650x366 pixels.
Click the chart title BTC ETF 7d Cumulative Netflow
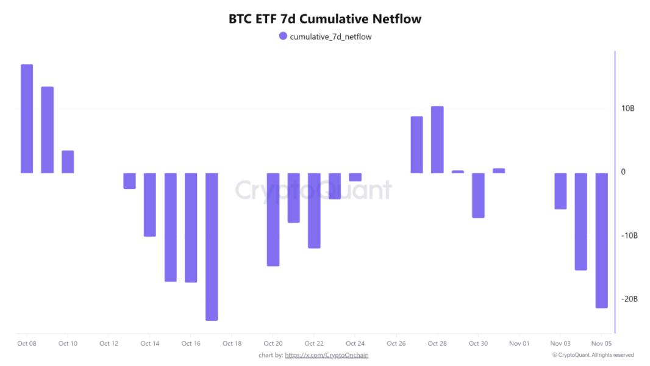[x=325, y=19]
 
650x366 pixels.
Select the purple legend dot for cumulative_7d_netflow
[x=283, y=36]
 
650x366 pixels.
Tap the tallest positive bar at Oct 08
[x=27, y=118]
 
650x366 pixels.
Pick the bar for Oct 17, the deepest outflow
[x=212, y=246]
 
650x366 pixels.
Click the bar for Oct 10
[x=68, y=162]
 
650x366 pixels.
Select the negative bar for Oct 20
[x=273, y=219]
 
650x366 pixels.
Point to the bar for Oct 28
[x=437, y=140]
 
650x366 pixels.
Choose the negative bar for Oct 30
[x=478, y=195]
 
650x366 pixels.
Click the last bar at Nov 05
[x=602, y=240]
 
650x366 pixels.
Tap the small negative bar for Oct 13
[x=129, y=181]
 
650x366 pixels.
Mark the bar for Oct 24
[x=355, y=177]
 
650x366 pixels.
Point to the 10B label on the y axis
[x=628, y=109]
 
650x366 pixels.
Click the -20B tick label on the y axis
[x=629, y=299]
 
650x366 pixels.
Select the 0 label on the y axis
[x=623, y=172]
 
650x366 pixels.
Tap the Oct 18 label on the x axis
[x=232, y=343]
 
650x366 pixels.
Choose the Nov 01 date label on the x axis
[x=519, y=343]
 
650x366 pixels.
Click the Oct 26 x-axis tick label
[x=396, y=343]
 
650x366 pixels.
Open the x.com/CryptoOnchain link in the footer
[x=327, y=355]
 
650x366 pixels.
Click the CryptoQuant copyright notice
[x=593, y=355]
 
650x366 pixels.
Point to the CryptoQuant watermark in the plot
[x=313, y=190]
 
